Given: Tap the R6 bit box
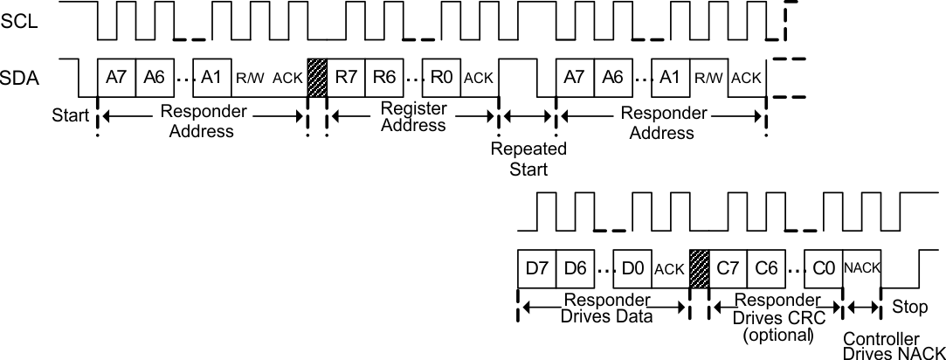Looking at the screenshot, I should (x=384, y=76).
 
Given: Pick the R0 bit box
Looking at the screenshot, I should (x=442, y=76).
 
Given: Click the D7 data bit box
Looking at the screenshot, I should (x=536, y=268).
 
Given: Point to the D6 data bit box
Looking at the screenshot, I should (x=575, y=268).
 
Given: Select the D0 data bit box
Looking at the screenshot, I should (x=632, y=268).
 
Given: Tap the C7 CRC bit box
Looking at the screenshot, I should (x=728, y=268).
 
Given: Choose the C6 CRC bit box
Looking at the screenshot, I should (x=766, y=268).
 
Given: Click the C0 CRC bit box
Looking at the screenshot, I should (x=824, y=268).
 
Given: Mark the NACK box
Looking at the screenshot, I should (x=861, y=268).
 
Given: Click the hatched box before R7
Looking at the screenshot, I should (x=316, y=76).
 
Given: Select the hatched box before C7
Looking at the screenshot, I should (x=700, y=268).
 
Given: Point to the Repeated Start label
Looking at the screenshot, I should (x=528, y=159).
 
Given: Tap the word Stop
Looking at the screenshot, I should (x=908, y=308).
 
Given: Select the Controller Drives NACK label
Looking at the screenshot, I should (x=893, y=345).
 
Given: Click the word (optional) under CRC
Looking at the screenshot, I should (x=777, y=335).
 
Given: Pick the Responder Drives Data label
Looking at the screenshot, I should (x=605, y=307).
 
